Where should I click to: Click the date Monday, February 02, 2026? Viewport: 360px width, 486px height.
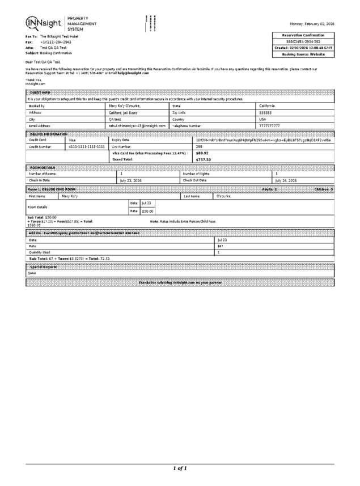pyautogui.click(x=312, y=24)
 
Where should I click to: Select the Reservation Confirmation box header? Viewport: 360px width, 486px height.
pyautogui.click(x=304, y=35)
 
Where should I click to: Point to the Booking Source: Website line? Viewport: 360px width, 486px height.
pyautogui.click(x=304, y=54)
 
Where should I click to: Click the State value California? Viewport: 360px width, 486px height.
pyautogui.click(x=268, y=106)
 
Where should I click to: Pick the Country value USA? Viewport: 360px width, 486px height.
pyautogui.click(x=262, y=120)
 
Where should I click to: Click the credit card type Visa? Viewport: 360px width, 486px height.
pyautogui.click(x=72, y=140)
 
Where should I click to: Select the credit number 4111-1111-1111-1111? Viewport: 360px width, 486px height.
pyautogui.click(x=87, y=146)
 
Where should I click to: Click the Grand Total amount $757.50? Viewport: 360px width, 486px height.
pyautogui.click(x=203, y=160)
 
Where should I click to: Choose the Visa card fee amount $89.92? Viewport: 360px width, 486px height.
pyautogui.click(x=202, y=153)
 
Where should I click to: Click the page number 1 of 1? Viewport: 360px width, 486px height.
pyautogui.click(x=179, y=468)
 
